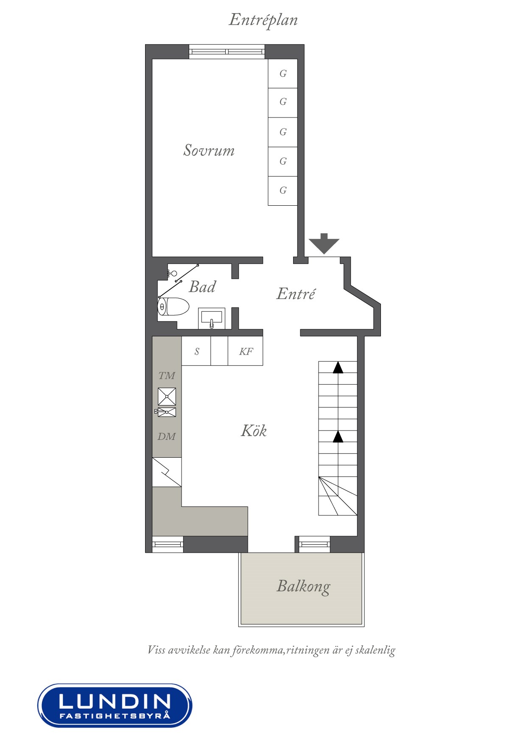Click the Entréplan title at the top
point(263,20)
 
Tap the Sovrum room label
point(209,150)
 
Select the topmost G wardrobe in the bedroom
point(283,73)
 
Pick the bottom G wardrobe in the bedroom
point(283,190)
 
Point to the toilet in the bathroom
point(173,307)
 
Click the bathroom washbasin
point(211,318)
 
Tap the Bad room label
point(202,287)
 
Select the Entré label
point(296,294)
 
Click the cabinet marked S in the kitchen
point(196,351)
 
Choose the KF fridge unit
point(246,351)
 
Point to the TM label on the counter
point(167,375)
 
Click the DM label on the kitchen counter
point(167,436)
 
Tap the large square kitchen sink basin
point(167,397)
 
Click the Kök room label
point(254,431)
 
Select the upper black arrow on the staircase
point(338,367)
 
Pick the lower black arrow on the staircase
point(338,436)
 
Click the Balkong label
point(303,586)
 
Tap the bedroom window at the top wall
point(227,52)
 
